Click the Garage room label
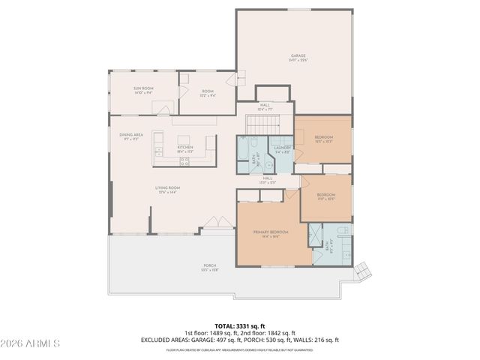point(299,58)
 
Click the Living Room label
point(167,189)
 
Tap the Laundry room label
point(282,148)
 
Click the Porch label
point(210,266)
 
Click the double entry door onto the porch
point(212,222)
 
